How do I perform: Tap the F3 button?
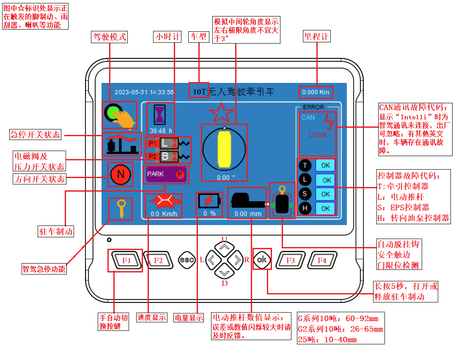[291, 260]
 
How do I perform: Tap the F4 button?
[322, 260]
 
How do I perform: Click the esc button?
[187, 260]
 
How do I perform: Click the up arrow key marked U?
[225, 246]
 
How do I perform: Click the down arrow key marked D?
[225, 272]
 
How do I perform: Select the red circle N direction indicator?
[120, 174]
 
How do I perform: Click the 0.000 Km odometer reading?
[316, 92]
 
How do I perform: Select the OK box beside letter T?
[325, 165]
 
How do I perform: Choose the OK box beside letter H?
[325, 208]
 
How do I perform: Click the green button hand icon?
[120, 115]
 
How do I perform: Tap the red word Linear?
[318, 135]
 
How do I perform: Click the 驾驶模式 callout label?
[109, 37]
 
